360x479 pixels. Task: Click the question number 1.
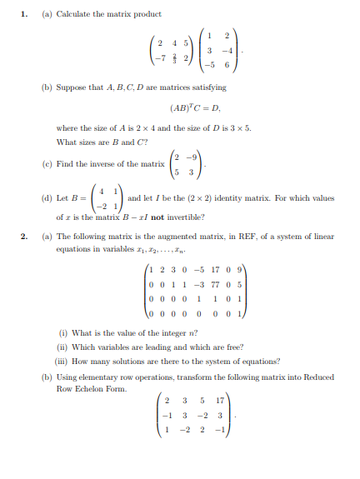click(25, 14)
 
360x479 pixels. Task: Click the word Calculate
click(73, 14)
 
